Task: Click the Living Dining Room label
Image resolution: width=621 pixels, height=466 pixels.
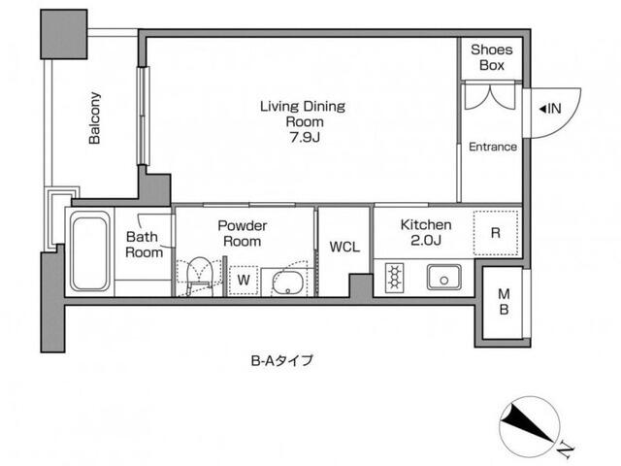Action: (x=303, y=114)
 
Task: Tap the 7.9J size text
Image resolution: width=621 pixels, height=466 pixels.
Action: (x=305, y=137)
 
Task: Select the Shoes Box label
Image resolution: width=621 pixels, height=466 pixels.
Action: (x=492, y=57)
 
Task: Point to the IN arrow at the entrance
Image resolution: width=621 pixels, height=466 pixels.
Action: (x=542, y=108)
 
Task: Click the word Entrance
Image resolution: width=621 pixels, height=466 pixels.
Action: (x=493, y=147)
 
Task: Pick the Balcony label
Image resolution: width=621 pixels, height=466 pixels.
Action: (x=95, y=117)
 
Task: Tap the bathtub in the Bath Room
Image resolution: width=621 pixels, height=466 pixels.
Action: (x=90, y=251)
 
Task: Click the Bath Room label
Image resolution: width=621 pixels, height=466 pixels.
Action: (x=144, y=245)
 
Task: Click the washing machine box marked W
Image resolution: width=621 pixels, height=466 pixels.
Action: (x=244, y=281)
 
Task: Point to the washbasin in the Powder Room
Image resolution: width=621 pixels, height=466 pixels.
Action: (x=288, y=283)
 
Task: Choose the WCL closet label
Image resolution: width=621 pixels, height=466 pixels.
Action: (x=344, y=247)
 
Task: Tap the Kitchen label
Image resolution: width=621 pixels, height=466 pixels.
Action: (x=426, y=225)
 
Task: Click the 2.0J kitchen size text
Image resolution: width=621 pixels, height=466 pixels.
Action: (x=426, y=241)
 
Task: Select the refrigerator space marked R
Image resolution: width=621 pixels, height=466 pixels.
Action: (x=496, y=233)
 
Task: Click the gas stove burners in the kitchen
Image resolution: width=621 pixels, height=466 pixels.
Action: (x=395, y=278)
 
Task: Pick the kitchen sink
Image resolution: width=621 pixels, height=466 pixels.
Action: (x=443, y=278)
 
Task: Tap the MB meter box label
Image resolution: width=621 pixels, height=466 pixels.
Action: (x=504, y=302)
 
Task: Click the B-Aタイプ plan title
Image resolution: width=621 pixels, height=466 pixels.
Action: (x=282, y=360)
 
